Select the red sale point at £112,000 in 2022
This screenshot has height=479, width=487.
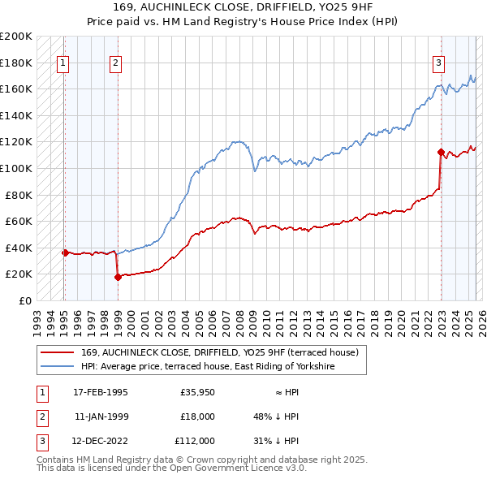[x=441, y=152]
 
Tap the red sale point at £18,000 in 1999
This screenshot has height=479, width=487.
[x=118, y=277]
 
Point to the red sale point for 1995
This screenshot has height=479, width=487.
[x=65, y=252]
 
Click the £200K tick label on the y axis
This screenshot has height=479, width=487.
[x=16, y=37]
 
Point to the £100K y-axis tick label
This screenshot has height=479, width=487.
[x=16, y=168]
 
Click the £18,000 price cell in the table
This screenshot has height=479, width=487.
[x=197, y=416]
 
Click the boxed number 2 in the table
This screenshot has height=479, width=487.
[x=40, y=416]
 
